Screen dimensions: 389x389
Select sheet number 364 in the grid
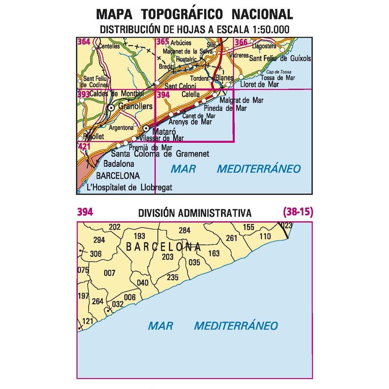click(x=84, y=42)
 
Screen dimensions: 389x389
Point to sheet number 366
click(x=241, y=42)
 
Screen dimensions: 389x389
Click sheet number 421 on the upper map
click(x=84, y=147)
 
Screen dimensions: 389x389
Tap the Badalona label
click(x=119, y=164)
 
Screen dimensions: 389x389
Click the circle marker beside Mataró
click(x=146, y=128)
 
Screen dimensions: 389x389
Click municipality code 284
click(x=185, y=230)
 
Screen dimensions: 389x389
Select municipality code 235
click(x=172, y=277)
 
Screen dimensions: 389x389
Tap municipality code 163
click(x=214, y=254)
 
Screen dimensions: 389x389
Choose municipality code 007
click(x=110, y=273)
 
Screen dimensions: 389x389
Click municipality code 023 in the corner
click(x=286, y=225)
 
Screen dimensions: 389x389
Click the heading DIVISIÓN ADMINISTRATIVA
click(x=195, y=213)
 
